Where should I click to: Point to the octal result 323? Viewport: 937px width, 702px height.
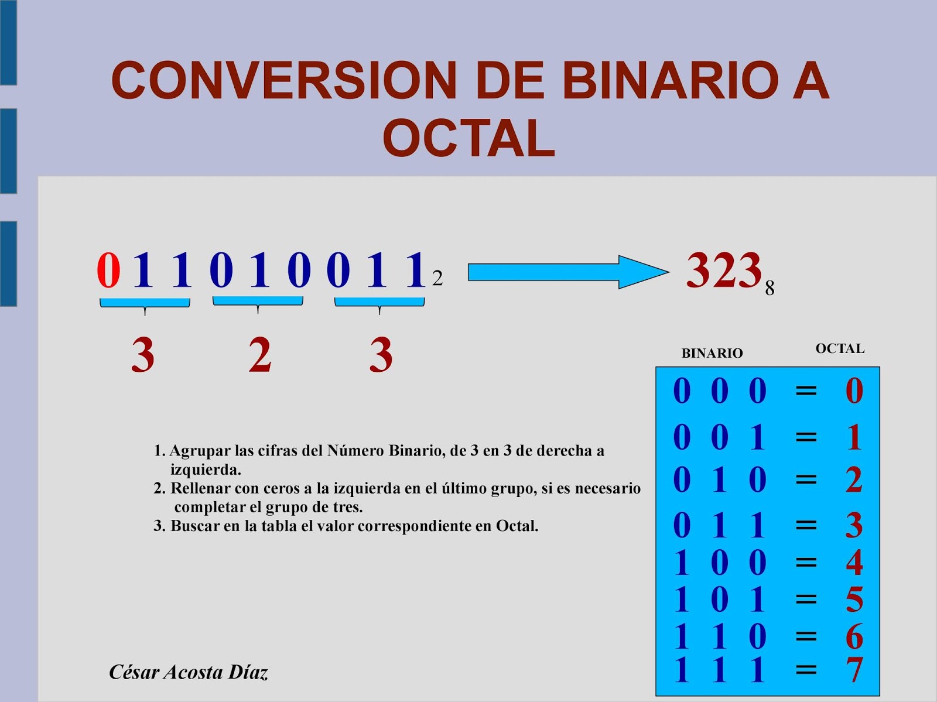(724, 270)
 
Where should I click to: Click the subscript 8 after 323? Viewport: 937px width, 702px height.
(770, 287)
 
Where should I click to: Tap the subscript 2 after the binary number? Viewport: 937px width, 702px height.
(437, 278)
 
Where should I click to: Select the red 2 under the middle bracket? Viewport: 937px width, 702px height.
(259, 355)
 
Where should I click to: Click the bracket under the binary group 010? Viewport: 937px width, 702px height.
(258, 302)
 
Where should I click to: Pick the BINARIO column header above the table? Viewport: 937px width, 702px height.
(712, 353)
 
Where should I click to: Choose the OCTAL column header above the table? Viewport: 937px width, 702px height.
(840, 348)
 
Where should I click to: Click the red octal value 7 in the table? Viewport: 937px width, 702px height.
(854, 669)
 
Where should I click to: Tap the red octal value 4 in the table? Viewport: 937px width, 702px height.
(854, 563)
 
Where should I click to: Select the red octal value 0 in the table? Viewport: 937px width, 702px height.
(854, 391)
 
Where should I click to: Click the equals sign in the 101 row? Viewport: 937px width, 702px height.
(806, 599)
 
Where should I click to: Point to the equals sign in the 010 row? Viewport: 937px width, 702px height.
(806, 480)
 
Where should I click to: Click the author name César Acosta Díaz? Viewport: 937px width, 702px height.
(189, 672)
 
